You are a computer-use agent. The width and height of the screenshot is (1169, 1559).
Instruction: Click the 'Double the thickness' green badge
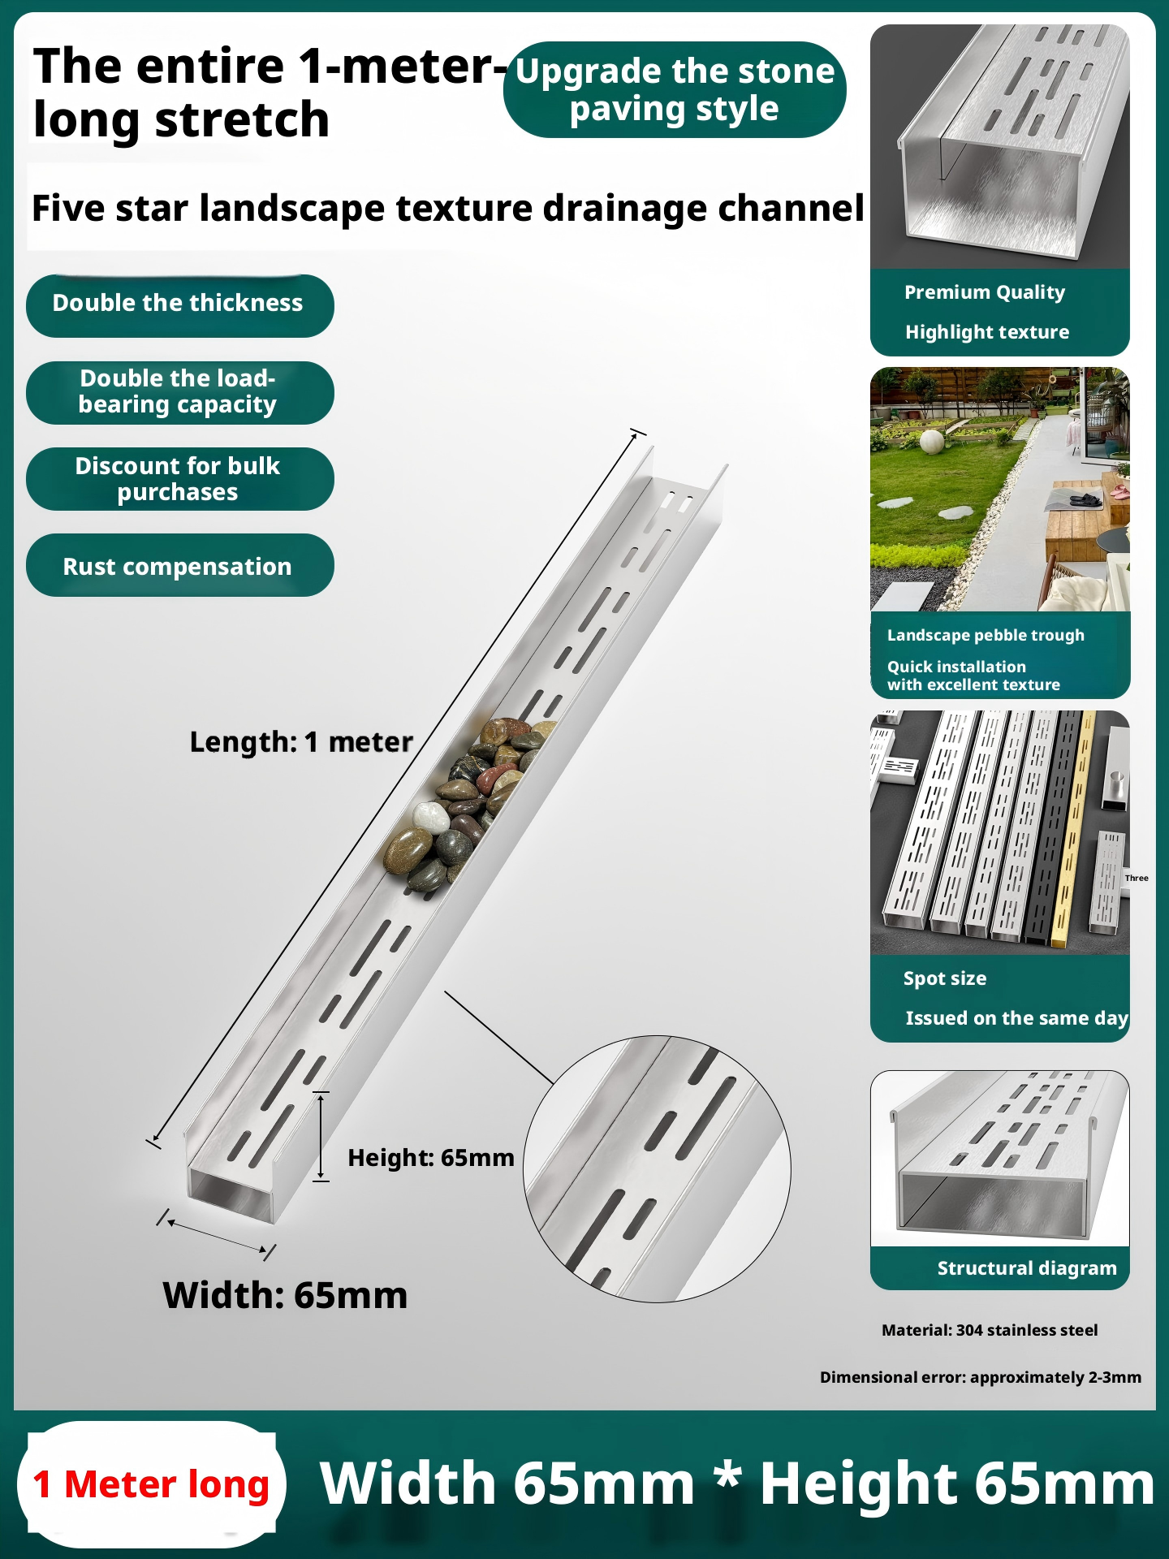(x=179, y=305)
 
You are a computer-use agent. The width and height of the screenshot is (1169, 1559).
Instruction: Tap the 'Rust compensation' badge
(x=179, y=565)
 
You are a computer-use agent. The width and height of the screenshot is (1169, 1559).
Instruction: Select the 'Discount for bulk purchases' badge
(x=179, y=479)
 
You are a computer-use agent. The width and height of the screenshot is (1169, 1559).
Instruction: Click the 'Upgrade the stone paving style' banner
(x=675, y=89)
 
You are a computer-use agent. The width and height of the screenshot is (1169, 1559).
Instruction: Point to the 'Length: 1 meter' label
(x=301, y=742)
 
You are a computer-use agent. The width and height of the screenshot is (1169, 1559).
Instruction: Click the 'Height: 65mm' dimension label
(x=431, y=1158)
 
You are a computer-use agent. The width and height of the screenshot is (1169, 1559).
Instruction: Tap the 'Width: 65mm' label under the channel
(x=285, y=1295)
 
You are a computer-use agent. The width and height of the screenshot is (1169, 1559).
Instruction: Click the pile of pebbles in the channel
(x=464, y=804)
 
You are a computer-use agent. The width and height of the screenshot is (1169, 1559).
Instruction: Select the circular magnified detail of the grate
(x=657, y=1169)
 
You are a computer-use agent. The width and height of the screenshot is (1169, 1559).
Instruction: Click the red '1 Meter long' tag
(x=151, y=1484)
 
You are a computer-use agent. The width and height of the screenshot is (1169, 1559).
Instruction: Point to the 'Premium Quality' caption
(x=985, y=292)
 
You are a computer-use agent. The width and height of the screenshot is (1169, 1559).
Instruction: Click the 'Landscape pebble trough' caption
(x=986, y=635)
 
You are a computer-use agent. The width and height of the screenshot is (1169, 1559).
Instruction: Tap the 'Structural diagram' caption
(x=1027, y=1268)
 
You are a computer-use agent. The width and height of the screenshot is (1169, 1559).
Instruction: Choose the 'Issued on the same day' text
(x=1016, y=1018)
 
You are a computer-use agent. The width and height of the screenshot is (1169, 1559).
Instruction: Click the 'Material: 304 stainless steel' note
(x=990, y=1330)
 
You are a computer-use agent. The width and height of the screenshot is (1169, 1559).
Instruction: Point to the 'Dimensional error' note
(x=981, y=1377)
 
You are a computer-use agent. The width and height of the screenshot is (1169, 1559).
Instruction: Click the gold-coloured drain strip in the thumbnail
(x=1072, y=828)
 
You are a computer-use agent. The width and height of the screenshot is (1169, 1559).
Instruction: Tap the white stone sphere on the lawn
(x=932, y=443)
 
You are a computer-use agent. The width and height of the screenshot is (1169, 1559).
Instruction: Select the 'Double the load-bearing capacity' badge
(x=179, y=392)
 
